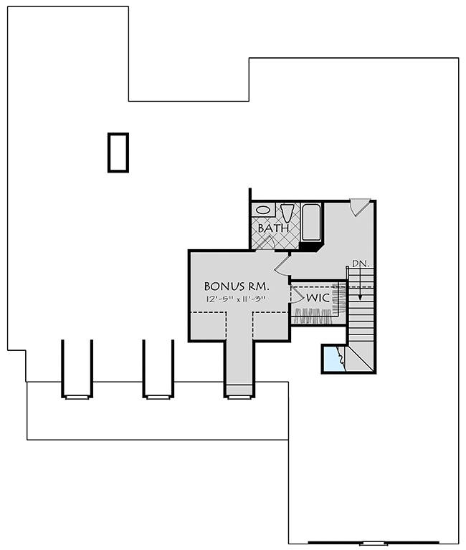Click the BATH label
[273, 228]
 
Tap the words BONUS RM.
[237, 286]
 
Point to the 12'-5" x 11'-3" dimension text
[235, 299]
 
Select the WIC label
[318, 298]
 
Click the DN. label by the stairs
[361, 264]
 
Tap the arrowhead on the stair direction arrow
[360, 296]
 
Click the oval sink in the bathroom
[263, 210]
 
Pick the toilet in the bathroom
[287, 213]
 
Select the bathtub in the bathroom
[311, 222]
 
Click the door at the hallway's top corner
[360, 207]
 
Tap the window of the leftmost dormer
[77, 397]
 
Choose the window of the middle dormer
[158, 397]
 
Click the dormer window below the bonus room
[239, 397]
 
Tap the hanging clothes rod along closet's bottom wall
[313, 316]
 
